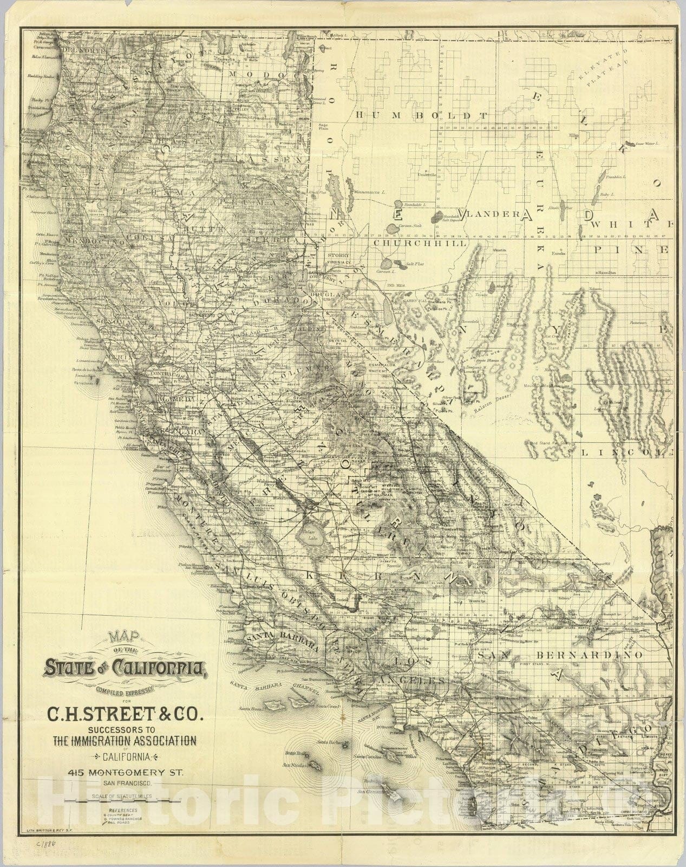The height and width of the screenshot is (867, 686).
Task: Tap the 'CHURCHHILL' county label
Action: pos(420,243)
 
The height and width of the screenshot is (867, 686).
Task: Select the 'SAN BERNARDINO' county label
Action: pos(560,655)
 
